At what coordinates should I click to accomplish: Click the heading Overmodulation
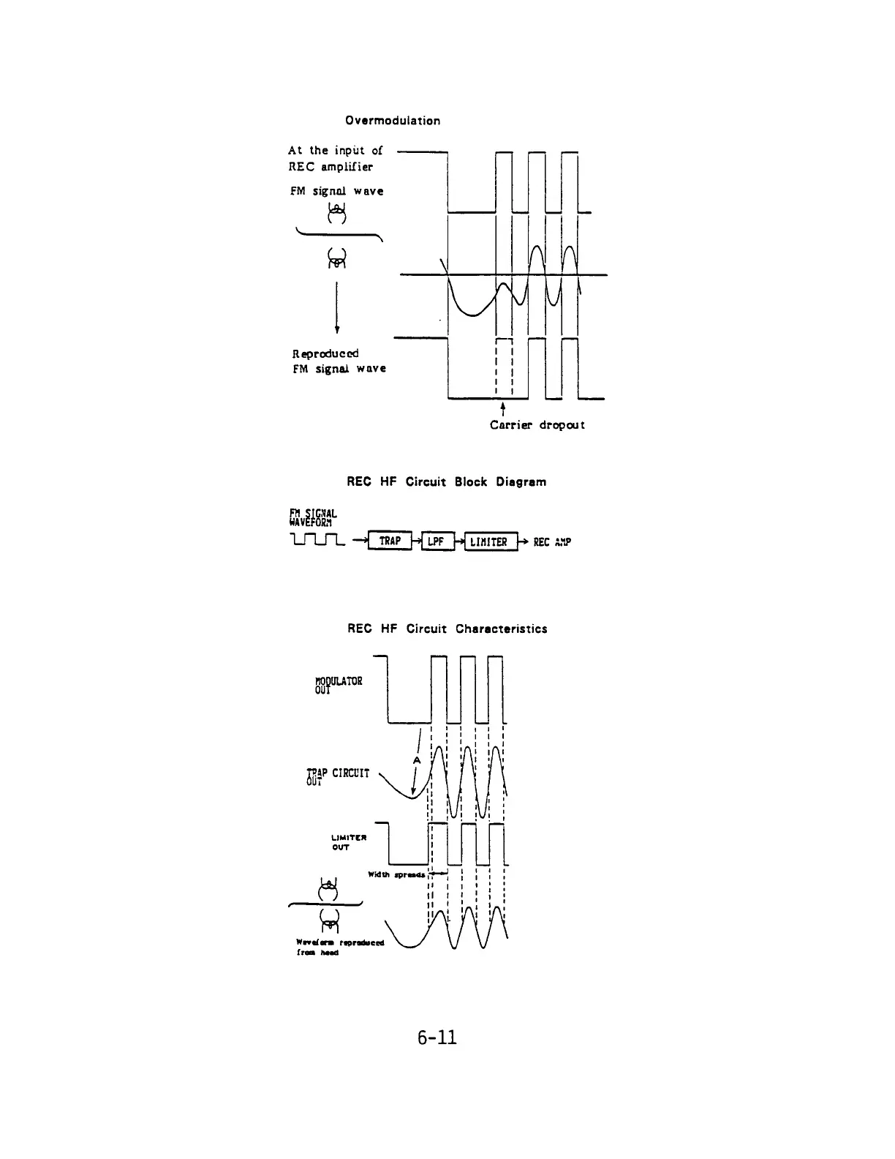[393, 121]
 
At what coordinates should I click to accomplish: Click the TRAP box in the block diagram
[390, 541]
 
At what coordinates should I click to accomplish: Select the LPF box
[436, 541]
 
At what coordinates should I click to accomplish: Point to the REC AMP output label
[551, 542]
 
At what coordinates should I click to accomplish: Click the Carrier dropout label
[537, 425]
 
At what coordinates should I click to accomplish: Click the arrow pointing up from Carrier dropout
[502, 408]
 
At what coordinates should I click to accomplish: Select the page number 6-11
[437, 1037]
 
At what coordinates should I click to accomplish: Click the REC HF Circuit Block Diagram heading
[446, 482]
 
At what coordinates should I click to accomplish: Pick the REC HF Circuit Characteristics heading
[447, 629]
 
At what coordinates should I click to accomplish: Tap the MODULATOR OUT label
[333, 685]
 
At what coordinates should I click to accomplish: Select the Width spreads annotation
[396, 874]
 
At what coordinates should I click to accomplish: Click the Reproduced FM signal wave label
[339, 361]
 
